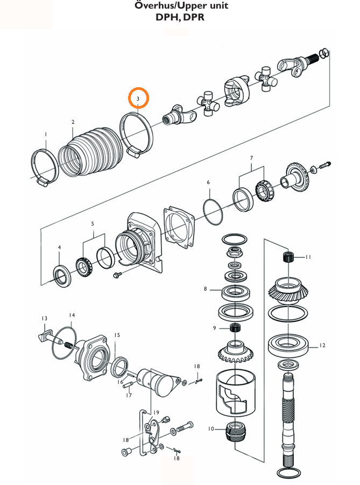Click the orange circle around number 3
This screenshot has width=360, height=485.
138,99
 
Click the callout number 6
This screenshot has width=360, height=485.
208,182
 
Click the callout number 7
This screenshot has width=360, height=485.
251,158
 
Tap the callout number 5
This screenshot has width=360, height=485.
93,223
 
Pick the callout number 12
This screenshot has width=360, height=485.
322,346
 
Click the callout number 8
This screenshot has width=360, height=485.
205,289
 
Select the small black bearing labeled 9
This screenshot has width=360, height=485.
235,328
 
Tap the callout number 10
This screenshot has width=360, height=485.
211,428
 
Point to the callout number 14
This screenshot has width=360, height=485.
72,315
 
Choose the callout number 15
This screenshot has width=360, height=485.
117,335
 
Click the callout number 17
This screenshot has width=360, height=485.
129,396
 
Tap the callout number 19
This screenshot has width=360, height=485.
157,413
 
